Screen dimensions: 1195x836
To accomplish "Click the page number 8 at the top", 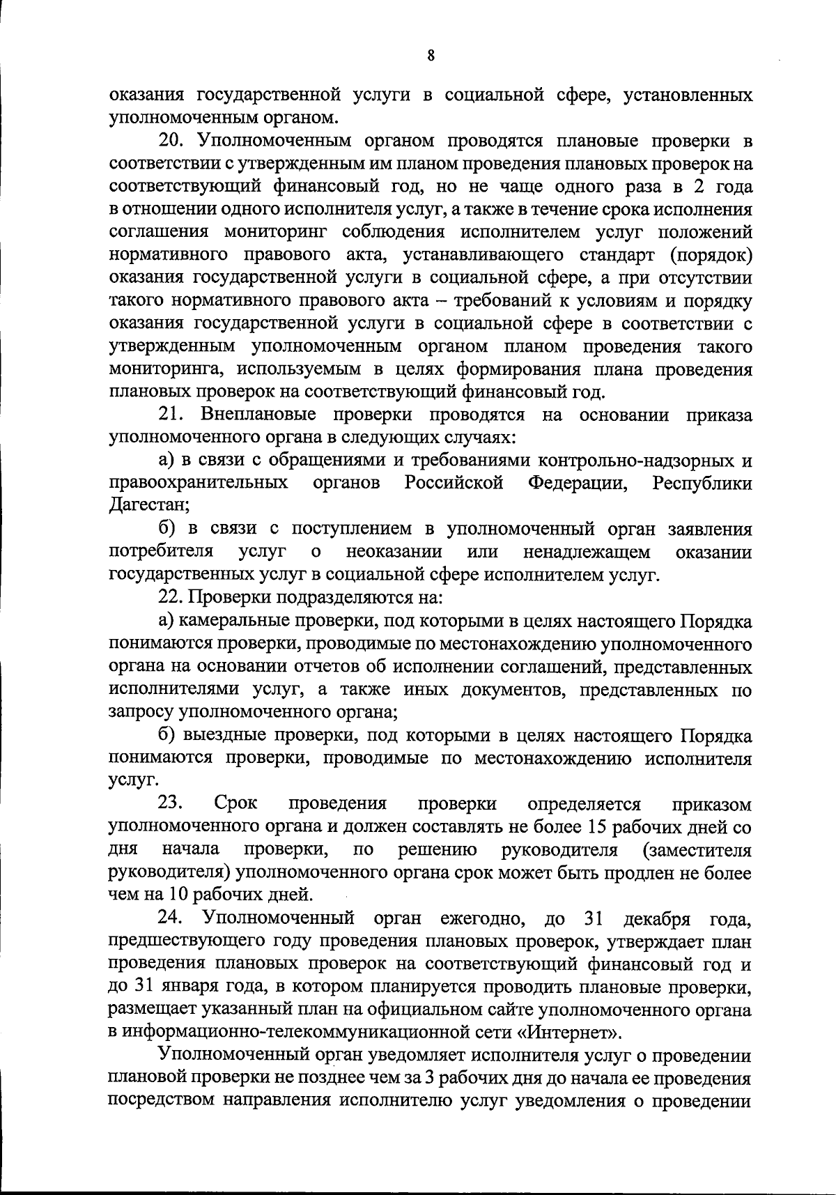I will [x=431, y=56].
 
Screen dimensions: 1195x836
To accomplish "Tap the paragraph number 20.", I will [x=171, y=141].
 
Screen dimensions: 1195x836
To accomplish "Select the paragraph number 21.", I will [x=171, y=415].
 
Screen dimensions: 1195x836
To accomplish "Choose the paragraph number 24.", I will [x=171, y=918].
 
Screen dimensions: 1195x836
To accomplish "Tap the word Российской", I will [x=454, y=484].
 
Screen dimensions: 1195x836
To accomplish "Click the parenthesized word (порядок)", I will [x=711, y=255].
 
